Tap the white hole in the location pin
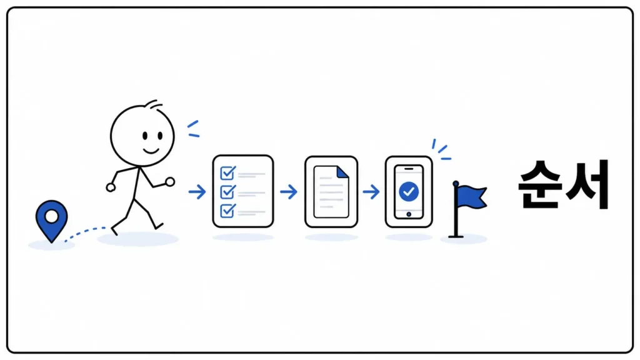coord(51,216)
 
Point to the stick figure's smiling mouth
coord(151,151)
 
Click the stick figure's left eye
coord(144,136)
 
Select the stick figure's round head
coord(142,136)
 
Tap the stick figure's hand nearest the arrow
coord(170,182)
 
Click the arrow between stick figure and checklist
coord(197,192)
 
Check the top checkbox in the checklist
coord(227,173)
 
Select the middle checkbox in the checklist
coord(227,192)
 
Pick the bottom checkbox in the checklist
coord(227,211)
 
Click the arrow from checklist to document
coord(289,192)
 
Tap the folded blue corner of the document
coord(342,172)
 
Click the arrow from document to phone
coord(371,192)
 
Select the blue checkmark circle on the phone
coord(409,191)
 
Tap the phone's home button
coord(409,214)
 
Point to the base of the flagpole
coord(456,236)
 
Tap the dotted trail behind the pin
coord(84,232)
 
